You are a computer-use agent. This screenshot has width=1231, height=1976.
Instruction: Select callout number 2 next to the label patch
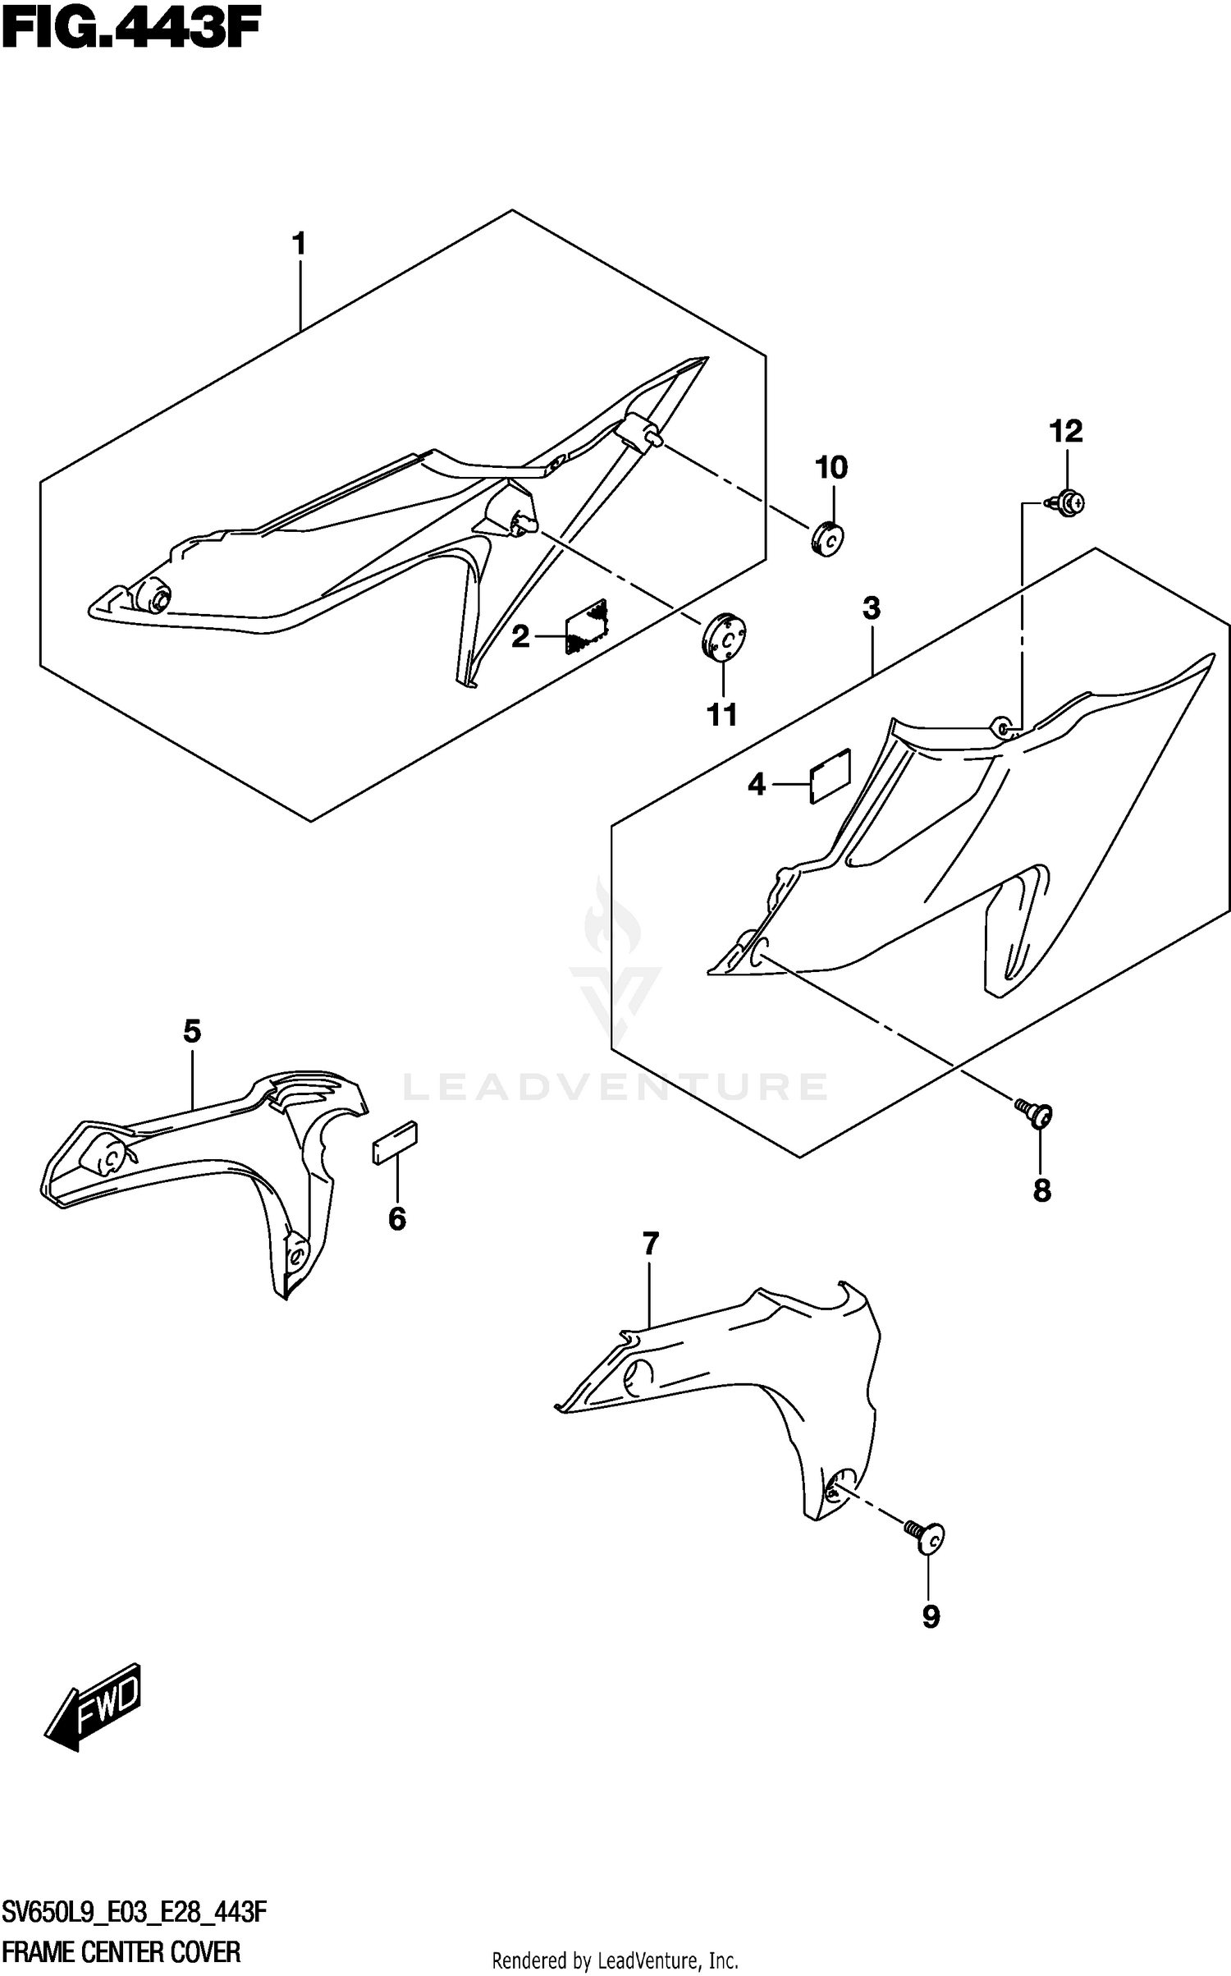(520, 635)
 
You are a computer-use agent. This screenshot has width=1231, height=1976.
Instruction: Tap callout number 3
(872, 608)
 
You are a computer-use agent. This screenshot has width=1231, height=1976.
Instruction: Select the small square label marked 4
(830, 774)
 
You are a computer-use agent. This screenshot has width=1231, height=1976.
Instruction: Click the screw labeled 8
(1037, 1113)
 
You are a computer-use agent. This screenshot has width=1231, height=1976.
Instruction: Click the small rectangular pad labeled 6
(396, 1143)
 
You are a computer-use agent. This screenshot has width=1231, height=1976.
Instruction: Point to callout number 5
(191, 1030)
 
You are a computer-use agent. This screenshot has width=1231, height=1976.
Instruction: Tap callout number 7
(650, 1245)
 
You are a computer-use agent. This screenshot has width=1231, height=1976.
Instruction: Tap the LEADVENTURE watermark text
(615, 1087)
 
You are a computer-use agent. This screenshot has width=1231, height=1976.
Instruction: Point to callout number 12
(1066, 431)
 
